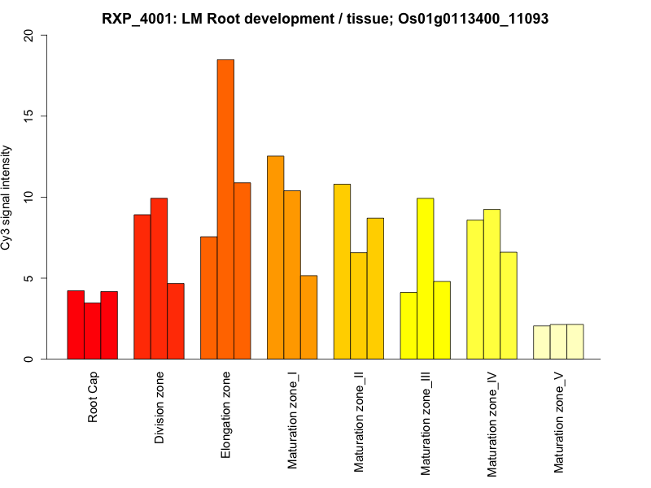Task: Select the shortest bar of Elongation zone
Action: point(208,298)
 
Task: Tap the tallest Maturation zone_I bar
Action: point(275,257)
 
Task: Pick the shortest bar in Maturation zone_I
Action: point(308,317)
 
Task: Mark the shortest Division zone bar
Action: point(176,321)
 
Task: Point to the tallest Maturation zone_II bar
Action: point(342,272)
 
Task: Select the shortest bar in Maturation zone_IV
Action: point(508,306)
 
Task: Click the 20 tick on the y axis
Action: point(30,36)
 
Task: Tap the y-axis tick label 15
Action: point(30,116)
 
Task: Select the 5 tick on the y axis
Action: point(30,278)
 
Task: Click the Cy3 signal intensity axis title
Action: point(7,198)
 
